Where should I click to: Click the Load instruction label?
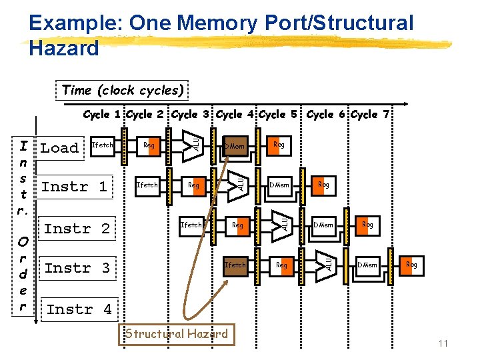pyautogui.click(x=59, y=148)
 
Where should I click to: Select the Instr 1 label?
pyautogui.click(x=74, y=187)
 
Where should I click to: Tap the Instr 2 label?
pyautogui.click(x=77, y=229)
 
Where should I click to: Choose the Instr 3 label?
pyautogui.click(x=77, y=268)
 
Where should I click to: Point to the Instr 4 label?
pyautogui.click(x=79, y=309)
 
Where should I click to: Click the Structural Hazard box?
pyautogui.click(x=177, y=334)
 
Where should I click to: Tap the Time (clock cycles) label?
pyautogui.click(x=123, y=90)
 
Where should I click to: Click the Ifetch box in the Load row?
pyautogui.click(x=102, y=145)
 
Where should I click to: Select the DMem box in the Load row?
pyautogui.click(x=235, y=146)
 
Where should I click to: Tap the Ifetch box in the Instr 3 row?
pyautogui.click(x=235, y=265)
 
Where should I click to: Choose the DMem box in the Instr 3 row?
pyautogui.click(x=367, y=265)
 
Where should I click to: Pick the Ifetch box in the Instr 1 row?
pyautogui.click(x=147, y=185)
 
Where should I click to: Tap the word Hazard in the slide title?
pyautogui.click(x=64, y=48)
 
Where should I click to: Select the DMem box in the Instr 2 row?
pyautogui.click(x=323, y=225)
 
